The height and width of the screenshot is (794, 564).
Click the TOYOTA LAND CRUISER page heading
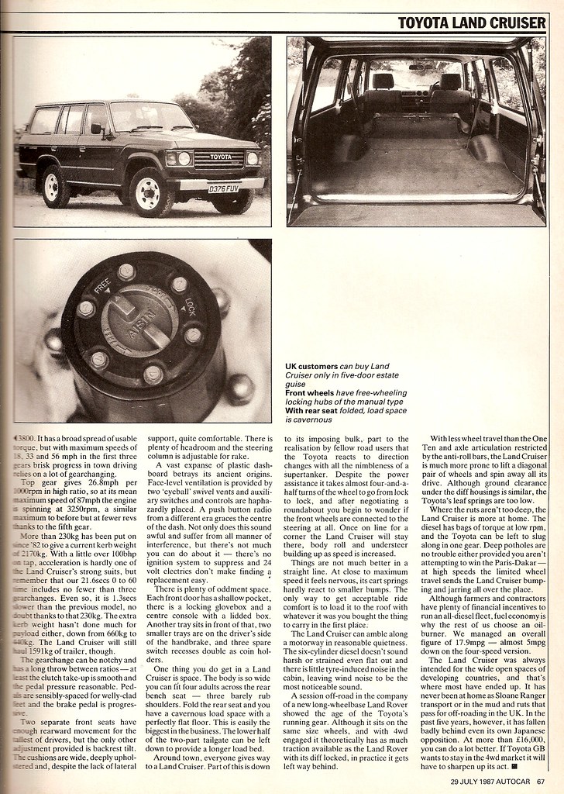(x=472, y=22)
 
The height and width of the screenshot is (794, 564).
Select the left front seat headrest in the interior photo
(x=383, y=80)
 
